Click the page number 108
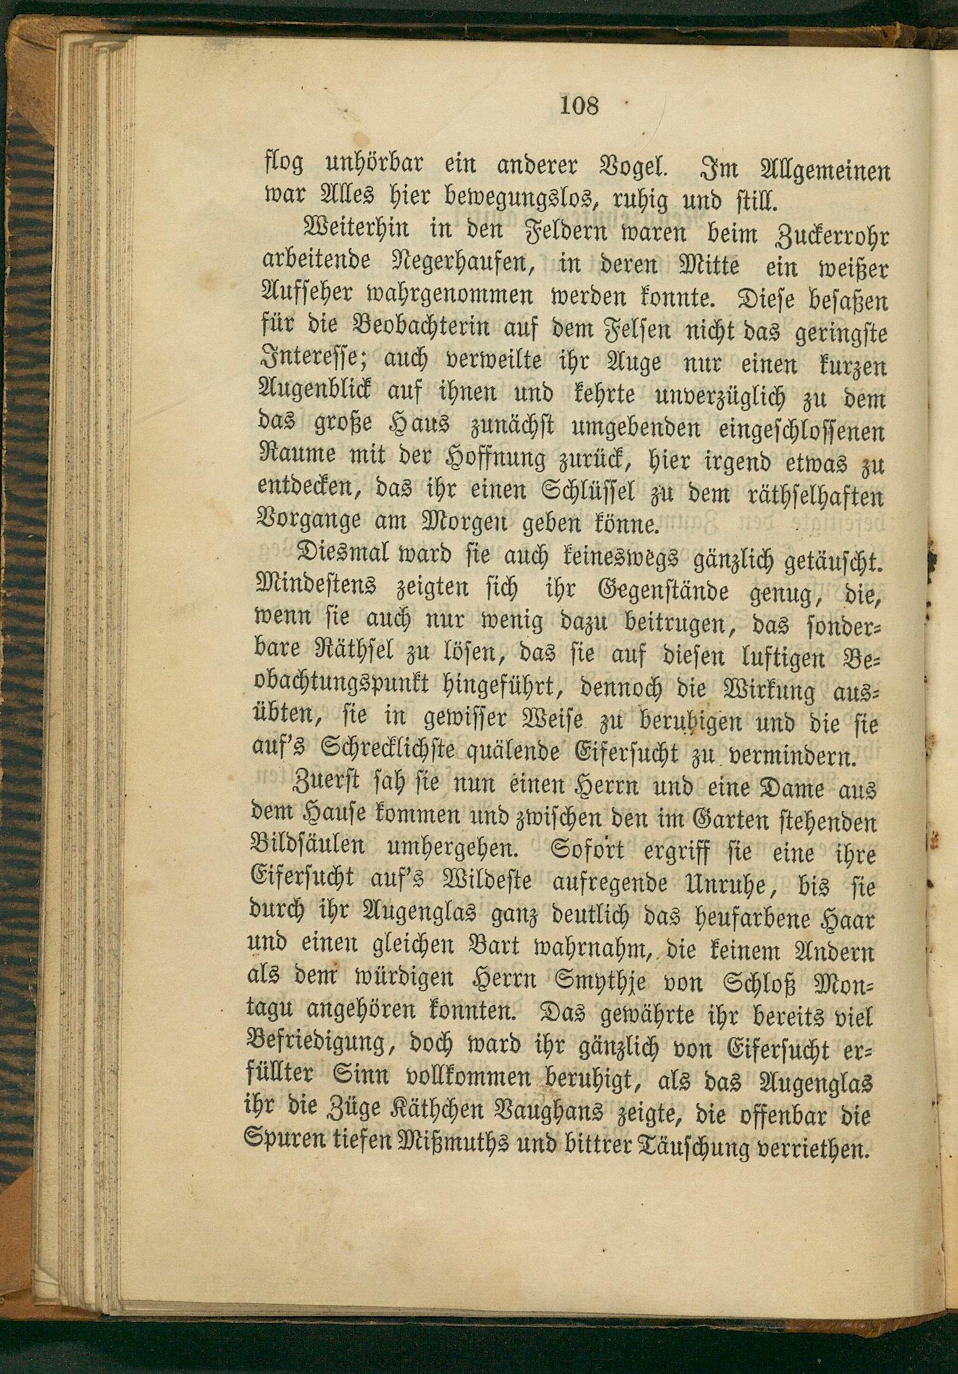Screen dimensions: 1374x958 click(579, 105)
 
